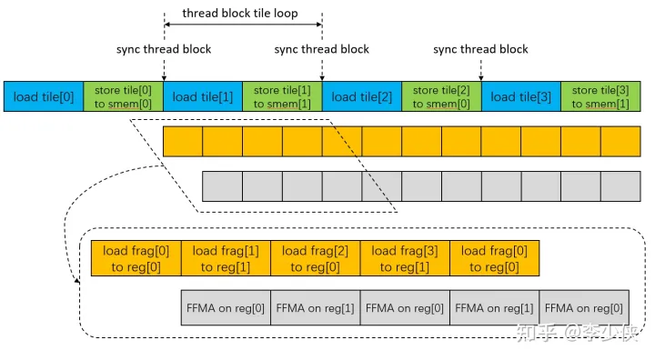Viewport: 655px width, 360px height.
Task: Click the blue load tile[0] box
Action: click(x=43, y=97)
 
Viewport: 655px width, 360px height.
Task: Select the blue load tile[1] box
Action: click(x=203, y=97)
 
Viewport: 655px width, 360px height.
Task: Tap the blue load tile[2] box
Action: click(x=362, y=97)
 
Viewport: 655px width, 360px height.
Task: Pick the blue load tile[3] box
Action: click(x=520, y=97)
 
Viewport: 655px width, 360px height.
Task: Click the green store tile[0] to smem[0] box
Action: click(x=123, y=97)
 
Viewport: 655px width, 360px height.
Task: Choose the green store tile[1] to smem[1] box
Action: click(x=282, y=97)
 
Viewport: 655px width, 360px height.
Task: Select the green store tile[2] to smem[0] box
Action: click(x=441, y=97)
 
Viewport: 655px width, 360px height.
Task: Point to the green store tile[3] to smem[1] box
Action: click(x=600, y=97)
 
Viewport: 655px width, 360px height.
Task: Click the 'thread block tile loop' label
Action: click(x=240, y=14)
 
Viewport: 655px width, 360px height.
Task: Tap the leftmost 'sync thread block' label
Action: click(x=164, y=48)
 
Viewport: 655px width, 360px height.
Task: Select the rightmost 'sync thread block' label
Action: click(x=480, y=48)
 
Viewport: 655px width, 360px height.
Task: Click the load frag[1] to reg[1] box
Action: click(x=226, y=258)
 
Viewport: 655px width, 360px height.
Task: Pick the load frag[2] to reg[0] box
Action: click(x=315, y=258)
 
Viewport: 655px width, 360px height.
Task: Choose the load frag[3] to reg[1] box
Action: click(x=405, y=258)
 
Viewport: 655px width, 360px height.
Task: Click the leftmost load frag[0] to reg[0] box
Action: click(x=136, y=258)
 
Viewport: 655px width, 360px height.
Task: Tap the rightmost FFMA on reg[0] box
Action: click(x=583, y=308)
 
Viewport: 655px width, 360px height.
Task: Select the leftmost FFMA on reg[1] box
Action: click(x=316, y=308)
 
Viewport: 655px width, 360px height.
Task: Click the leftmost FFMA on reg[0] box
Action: click(x=226, y=308)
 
